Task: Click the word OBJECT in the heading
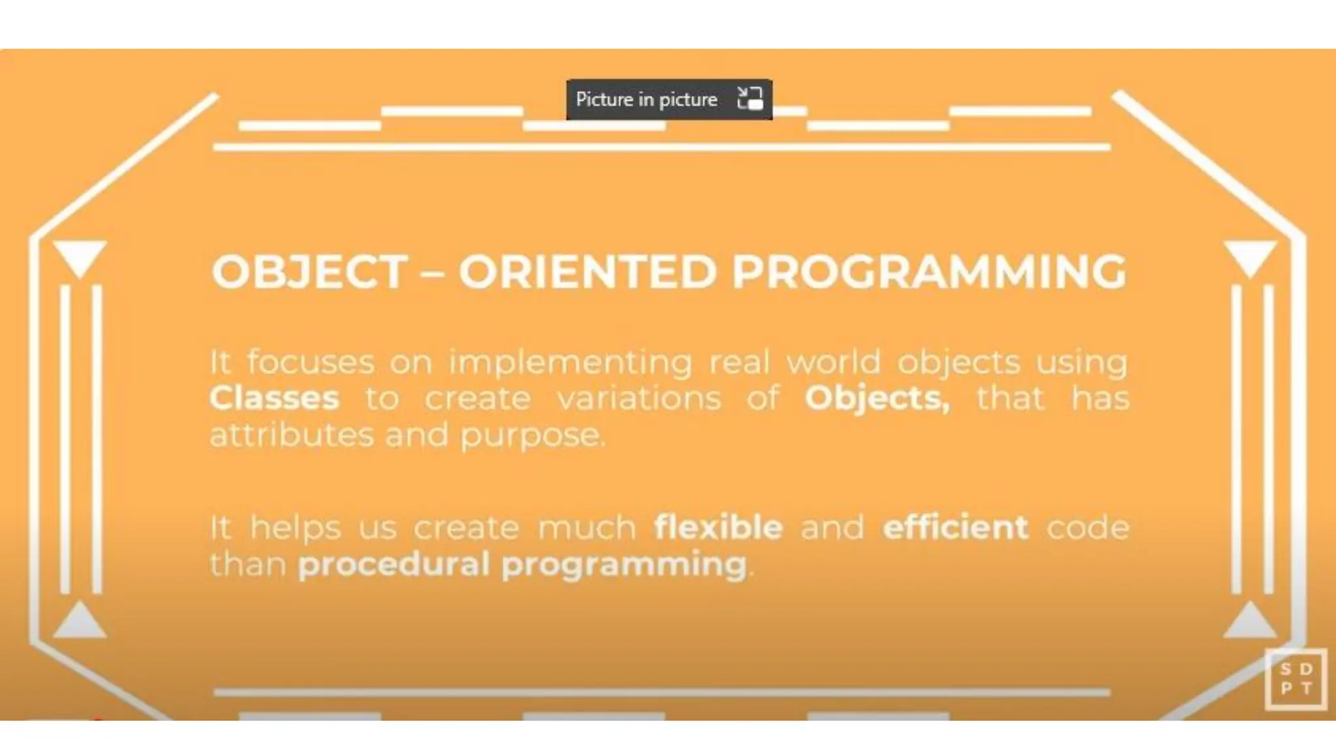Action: click(309, 271)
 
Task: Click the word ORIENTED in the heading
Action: click(587, 271)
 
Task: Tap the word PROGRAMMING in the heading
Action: click(929, 271)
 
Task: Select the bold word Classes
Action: click(275, 398)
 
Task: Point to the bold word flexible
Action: click(718, 527)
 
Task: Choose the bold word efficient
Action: click(955, 527)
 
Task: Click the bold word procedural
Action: click(393, 564)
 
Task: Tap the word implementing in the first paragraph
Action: click(570, 362)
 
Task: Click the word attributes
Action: click(292, 435)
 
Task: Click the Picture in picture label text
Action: click(646, 100)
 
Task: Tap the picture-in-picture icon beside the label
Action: click(750, 99)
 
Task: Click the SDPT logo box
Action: click(1296, 679)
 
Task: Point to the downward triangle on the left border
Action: click(80, 256)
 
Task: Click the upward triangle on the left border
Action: click(80, 621)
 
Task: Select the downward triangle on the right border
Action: click(1250, 256)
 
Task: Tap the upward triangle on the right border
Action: click(1250, 621)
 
